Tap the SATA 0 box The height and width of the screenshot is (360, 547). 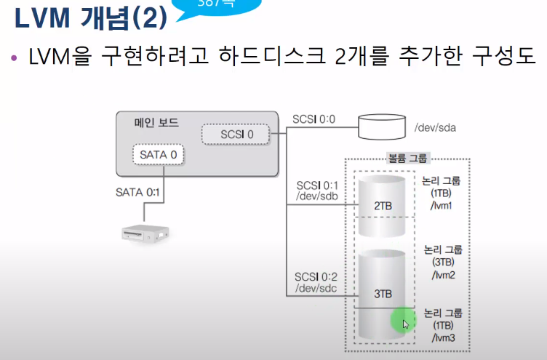click(158, 155)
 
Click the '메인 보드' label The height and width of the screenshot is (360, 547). click(156, 123)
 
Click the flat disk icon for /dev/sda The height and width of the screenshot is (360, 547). click(382, 127)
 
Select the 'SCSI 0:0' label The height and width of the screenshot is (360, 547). click(314, 118)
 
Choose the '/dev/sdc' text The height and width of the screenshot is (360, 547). click(315, 289)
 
